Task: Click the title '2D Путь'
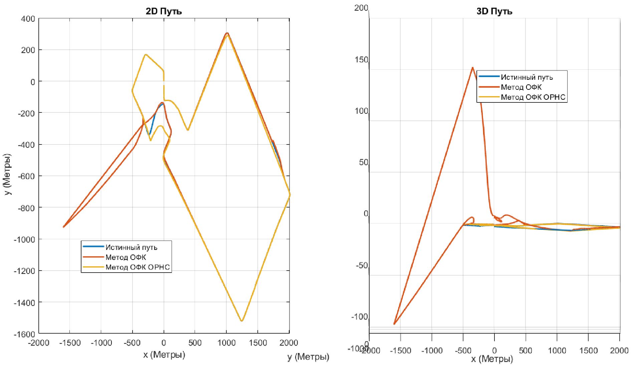tap(164, 11)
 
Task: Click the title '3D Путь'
tap(494, 11)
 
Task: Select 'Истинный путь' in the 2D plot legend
tap(131, 247)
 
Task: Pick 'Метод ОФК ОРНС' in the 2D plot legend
tap(138, 267)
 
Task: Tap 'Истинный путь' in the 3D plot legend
tap(527, 77)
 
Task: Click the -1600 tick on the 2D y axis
tap(25, 334)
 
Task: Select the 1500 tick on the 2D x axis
tap(257, 343)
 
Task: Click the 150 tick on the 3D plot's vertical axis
tap(362, 60)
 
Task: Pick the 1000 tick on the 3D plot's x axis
tap(557, 350)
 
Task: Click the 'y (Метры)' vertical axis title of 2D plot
tap(7, 174)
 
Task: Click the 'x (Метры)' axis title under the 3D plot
tap(492, 359)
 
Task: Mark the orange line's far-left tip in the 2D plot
tap(63, 227)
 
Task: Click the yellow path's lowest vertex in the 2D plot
tap(241, 321)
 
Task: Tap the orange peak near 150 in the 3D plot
tap(472, 68)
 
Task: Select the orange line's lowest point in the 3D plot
tap(394, 324)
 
